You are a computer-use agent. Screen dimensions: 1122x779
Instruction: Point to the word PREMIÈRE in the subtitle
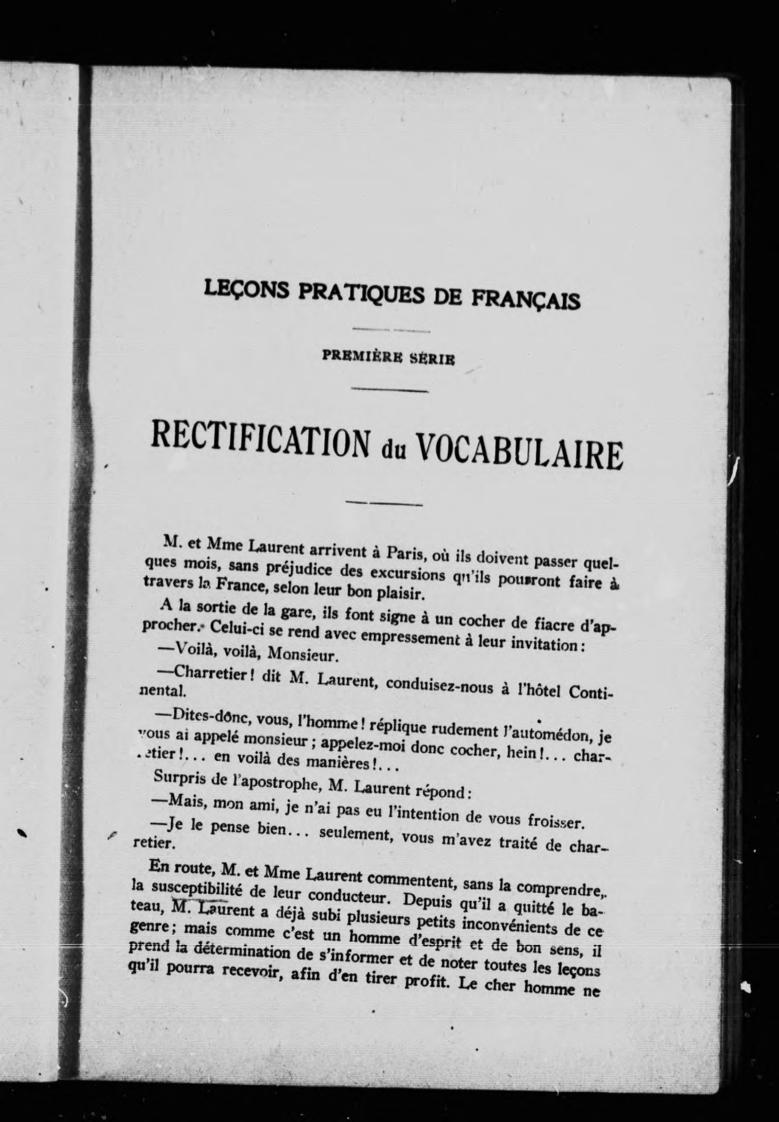pos(363,355)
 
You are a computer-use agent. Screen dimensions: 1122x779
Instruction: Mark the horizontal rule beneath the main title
pos(384,504)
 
